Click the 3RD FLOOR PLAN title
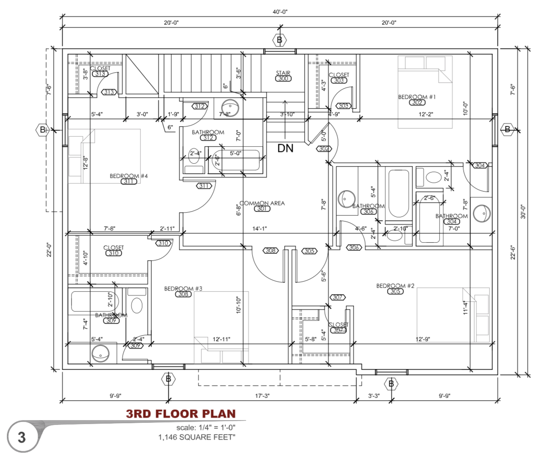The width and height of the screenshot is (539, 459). [181, 414]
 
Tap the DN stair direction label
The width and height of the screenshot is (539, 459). [285, 148]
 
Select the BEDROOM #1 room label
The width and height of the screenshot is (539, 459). [417, 97]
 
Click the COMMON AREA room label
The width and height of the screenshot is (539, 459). [262, 203]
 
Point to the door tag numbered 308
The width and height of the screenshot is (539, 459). [270, 251]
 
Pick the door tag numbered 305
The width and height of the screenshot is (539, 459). [309, 251]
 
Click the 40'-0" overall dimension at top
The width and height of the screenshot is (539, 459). [280, 12]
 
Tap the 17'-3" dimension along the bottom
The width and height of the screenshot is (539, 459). [262, 396]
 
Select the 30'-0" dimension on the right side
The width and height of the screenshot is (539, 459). [523, 211]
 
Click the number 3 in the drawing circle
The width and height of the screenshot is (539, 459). [22, 437]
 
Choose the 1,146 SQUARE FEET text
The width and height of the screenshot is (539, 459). [197, 437]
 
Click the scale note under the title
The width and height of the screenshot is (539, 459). [206, 427]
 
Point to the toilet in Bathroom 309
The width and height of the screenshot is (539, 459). [137, 305]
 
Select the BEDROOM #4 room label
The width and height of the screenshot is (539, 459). [129, 176]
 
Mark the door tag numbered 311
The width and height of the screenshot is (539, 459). [203, 186]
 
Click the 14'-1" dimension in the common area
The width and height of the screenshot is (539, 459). [259, 229]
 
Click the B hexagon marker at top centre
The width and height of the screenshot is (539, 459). [279, 41]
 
